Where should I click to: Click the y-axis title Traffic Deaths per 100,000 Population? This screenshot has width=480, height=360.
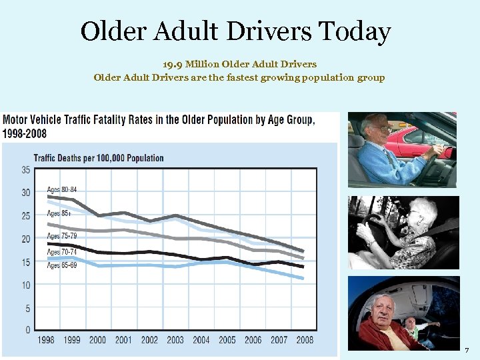click(98, 158)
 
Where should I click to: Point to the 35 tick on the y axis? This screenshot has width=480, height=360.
click(25, 170)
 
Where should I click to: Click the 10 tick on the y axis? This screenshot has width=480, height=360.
click(25, 285)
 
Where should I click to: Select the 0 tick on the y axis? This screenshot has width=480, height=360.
click(27, 329)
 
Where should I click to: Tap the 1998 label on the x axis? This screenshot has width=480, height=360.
click(46, 340)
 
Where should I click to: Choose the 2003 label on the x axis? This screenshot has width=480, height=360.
click(175, 340)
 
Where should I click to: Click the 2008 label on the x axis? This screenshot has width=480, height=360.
click(305, 340)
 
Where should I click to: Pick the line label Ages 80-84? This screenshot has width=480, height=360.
click(62, 190)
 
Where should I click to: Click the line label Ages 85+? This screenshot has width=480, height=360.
click(58, 214)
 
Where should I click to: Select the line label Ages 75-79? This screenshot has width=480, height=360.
click(62, 236)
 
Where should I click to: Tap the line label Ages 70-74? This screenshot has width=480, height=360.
click(62, 252)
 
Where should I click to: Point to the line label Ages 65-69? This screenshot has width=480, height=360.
click(62, 265)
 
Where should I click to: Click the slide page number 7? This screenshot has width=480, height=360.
click(467, 350)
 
